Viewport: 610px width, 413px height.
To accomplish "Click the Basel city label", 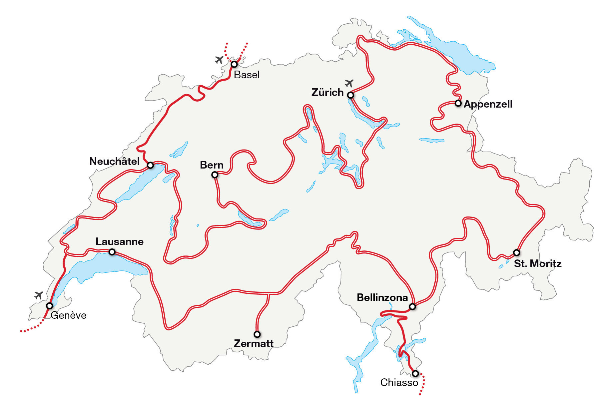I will (x=247, y=75).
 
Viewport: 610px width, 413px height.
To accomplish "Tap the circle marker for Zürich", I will (x=350, y=95).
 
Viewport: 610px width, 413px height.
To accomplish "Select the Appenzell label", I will (x=488, y=104).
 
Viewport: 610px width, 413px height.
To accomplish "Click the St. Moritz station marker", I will (x=516, y=252).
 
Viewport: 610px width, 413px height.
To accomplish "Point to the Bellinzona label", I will (x=382, y=297).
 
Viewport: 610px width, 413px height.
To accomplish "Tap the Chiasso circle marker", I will (x=415, y=373).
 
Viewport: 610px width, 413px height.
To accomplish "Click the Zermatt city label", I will (x=254, y=343).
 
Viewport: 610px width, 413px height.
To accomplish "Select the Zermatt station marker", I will (x=257, y=334).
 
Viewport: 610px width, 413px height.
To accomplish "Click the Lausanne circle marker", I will (x=112, y=252).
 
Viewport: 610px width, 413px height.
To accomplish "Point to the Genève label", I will (x=68, y=315).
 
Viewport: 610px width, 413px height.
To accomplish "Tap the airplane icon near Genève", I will (x=39, y=295).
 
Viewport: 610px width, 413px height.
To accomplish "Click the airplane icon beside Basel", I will (x=219, y=60).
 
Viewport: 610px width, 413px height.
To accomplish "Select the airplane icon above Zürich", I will (x=349, y=83).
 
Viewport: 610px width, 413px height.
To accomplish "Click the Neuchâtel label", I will (x=114, y=162).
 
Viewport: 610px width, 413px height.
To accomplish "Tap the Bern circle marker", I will (x=215, y=175).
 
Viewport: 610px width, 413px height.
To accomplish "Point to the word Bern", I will (x=212, y=165).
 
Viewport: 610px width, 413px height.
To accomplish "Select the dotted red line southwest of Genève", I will (x=32, y=329).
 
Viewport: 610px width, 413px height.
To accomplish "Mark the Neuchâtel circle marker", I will (x=150, y=165).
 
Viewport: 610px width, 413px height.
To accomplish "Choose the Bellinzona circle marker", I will (x=412, y=306).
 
